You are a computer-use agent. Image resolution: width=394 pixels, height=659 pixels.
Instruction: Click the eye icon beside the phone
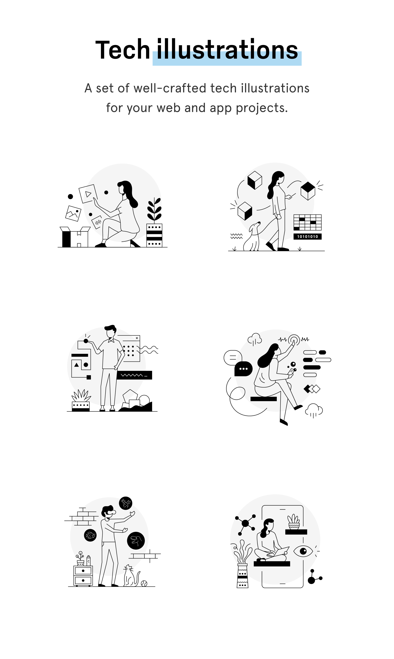coord(303,551)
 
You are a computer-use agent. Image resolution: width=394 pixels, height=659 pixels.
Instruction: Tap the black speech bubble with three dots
coord(243,369)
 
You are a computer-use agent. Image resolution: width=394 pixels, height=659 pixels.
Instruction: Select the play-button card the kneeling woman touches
coord(88,194)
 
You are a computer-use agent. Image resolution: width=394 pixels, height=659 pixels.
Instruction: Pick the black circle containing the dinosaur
coord(136,540)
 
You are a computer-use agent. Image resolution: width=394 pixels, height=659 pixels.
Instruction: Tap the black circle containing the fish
coord(90,535)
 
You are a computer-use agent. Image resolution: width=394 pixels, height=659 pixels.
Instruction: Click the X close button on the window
coord(137,338)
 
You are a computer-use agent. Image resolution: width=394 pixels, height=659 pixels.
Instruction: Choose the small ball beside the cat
coord(144,584)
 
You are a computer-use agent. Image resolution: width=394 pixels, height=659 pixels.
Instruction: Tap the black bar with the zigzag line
coord(134,375)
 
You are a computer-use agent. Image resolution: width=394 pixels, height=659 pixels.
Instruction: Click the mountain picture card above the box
coord(73,213)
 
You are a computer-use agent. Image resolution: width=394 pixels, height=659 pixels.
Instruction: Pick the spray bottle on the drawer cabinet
coord(88,561)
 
